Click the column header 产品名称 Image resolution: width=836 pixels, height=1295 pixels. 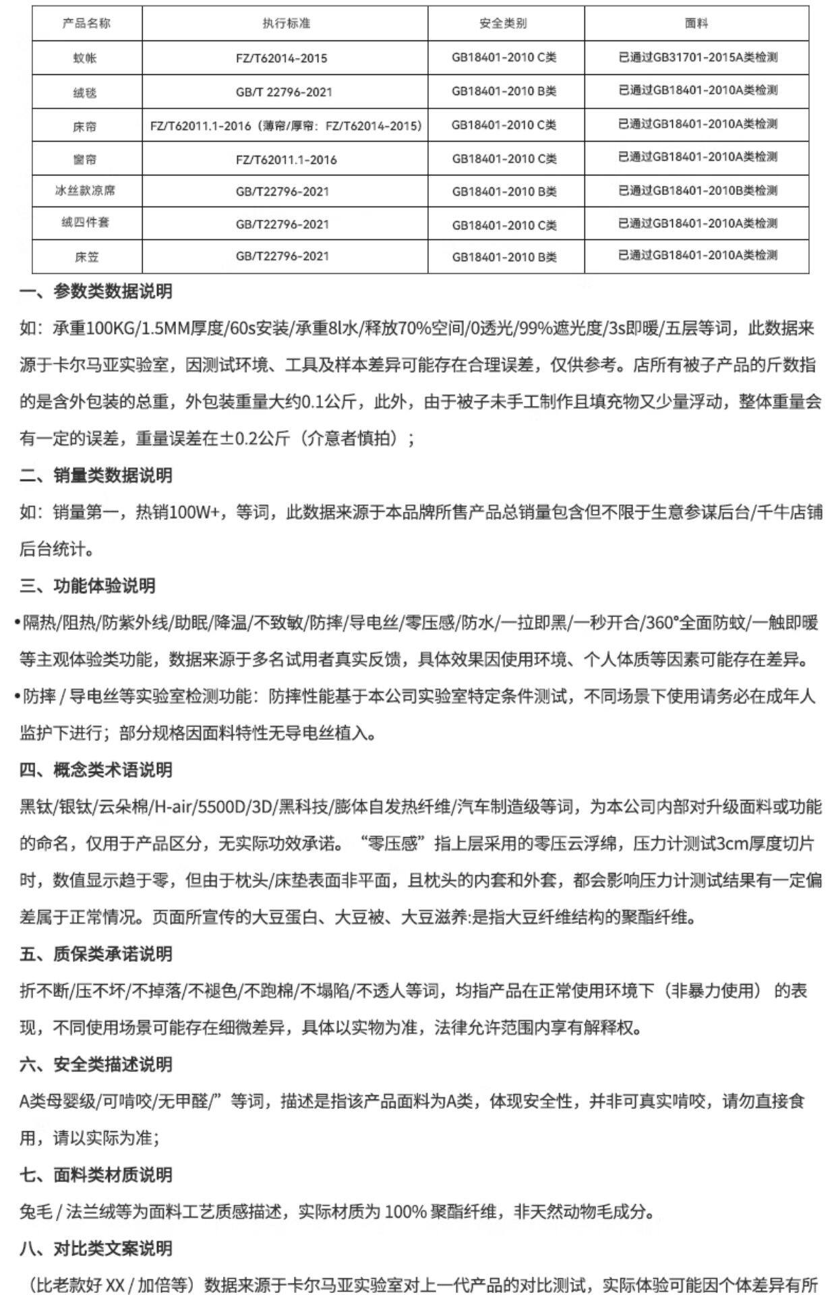click(x=86, y=24)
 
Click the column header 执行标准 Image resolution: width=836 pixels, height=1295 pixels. click(x=286, y=24)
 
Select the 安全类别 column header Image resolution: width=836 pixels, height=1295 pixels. click(x=504, y=24)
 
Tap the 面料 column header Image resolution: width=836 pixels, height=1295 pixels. click(x=697, y=24)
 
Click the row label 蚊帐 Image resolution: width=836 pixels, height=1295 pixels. click(x=86, y=58)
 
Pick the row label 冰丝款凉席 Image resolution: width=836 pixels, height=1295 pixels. click(x=86, y=191)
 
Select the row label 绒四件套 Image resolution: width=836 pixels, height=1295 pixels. click(x=86, y=223)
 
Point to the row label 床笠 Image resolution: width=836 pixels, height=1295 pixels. click(x=86, y=256)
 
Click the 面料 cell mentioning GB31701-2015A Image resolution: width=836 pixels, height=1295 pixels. click(x=697, y=58)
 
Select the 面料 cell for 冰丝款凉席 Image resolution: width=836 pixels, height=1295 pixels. click(x=697, y=191)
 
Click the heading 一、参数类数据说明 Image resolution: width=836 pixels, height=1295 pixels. click(x=96, y=292)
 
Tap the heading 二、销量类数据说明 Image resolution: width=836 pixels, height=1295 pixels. click(x=96, y=476)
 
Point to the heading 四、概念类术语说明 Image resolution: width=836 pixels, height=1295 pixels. click(x=96, y=770)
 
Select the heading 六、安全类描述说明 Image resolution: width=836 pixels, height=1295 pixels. click(x=96, y=1064)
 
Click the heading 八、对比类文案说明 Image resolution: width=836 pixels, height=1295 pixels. click(x=96, y=1248)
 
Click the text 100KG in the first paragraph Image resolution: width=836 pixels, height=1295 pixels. click(x=111, y=329)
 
